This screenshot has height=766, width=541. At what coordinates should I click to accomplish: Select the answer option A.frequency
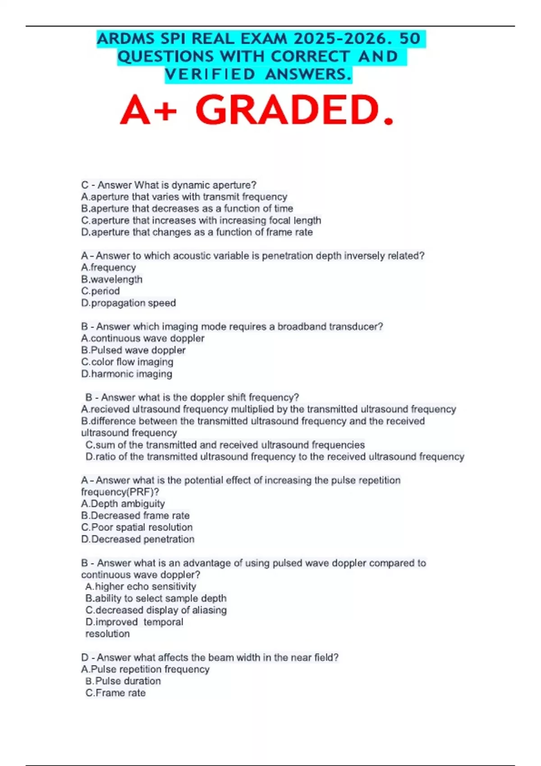[108, 268]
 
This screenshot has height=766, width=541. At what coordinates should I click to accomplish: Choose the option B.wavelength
[111, 279]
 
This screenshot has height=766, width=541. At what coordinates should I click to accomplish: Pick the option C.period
[100, 291]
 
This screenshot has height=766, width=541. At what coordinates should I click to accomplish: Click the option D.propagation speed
[128, 303]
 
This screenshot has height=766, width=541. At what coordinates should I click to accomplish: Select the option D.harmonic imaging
[126, 374]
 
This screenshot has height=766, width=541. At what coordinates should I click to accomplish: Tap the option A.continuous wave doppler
[142, 338]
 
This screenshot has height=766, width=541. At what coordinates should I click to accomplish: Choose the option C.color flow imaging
[127, 362]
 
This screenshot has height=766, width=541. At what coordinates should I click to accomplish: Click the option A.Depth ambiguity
[123, 504]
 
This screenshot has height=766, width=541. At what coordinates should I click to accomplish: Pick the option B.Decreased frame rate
[135, 515]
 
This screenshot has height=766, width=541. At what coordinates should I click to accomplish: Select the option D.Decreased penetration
[138, 539]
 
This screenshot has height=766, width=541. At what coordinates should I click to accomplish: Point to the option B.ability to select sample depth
[156, 598]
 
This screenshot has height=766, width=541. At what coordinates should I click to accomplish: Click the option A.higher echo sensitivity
[141, 587]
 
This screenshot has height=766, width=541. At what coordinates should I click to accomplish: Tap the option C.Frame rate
[115, 693]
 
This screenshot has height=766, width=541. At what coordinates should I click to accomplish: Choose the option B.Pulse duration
[123, 681]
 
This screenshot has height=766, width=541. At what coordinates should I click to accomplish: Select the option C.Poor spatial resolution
[137, 528]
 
